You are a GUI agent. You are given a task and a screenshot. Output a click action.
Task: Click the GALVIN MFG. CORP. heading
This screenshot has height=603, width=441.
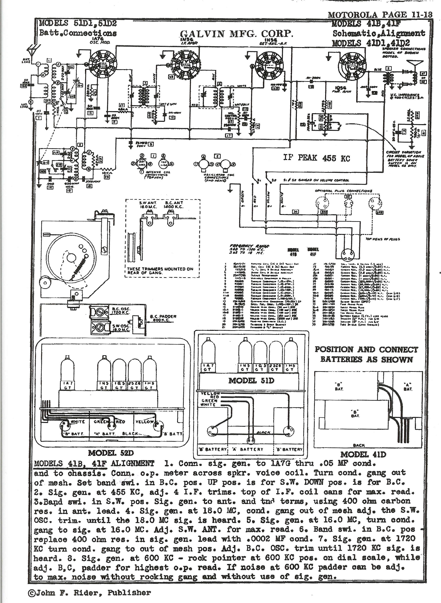237,34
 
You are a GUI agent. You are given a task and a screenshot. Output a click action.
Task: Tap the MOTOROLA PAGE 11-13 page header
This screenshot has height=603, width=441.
380,15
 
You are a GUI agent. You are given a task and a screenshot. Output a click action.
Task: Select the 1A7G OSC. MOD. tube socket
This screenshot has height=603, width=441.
103,64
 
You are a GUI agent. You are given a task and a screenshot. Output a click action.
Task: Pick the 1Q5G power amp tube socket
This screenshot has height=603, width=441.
352,65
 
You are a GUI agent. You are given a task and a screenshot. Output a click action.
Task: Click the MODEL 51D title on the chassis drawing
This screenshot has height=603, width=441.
251,381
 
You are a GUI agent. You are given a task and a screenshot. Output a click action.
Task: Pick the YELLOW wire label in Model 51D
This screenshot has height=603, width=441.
210,393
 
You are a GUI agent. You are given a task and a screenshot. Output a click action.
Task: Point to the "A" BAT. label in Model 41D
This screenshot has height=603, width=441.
408,387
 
